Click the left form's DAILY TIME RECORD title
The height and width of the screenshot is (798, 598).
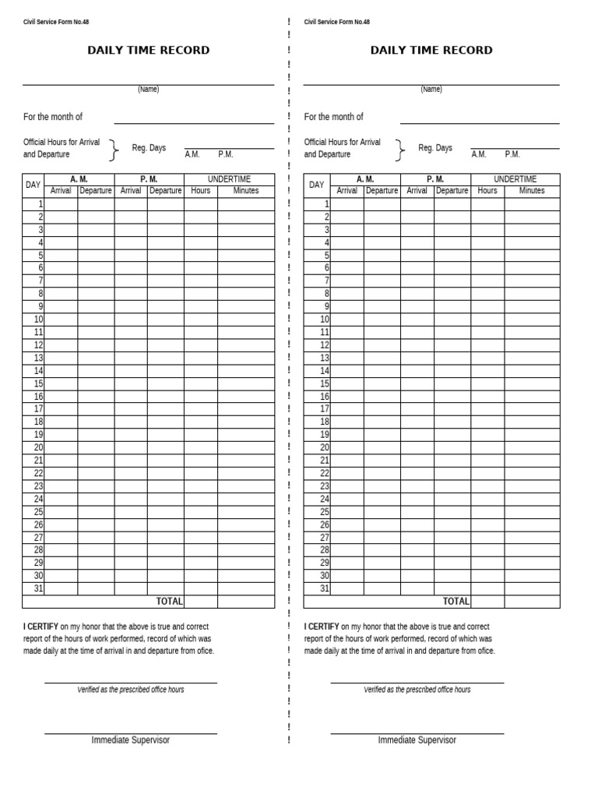coord(148,51)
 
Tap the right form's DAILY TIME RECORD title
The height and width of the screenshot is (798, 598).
coord(431,51)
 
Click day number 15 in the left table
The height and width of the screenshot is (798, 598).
coord(38,383)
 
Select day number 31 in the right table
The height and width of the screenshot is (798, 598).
coord(325,589)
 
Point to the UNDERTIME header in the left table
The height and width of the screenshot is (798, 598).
coord(229,179)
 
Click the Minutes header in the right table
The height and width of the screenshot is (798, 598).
coord(532,191)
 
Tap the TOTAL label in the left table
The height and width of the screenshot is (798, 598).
coord(169,602)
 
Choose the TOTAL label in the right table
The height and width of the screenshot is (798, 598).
coord(456,602)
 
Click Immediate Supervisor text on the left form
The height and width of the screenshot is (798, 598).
coord(130,740)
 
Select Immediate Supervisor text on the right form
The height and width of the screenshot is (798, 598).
coord(417,740)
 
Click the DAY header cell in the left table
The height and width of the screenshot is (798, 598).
coord(33,185)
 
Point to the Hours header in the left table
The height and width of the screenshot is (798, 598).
coord(200,191)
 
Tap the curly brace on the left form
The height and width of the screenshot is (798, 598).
coord(114,149)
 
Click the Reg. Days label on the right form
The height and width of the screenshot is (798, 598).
coord(434,148)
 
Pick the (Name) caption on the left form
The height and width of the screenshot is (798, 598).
coord(148,90)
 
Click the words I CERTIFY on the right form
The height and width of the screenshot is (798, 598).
coord(322,627)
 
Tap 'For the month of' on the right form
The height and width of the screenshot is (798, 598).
coord(333,117)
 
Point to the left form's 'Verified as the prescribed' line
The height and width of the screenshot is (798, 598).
coord(130,690)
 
